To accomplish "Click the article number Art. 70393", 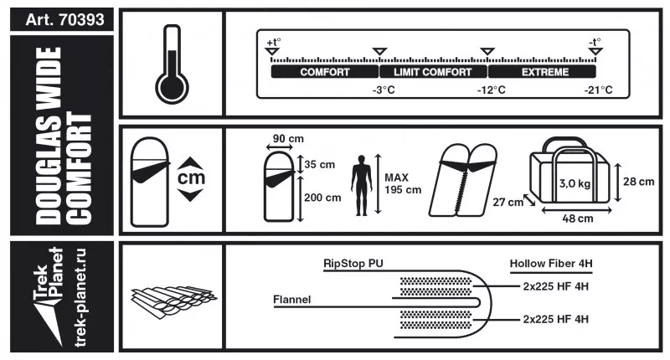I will click(58, 19).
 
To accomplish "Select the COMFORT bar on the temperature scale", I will click(324, 73).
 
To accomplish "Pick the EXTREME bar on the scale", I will click(545, 73).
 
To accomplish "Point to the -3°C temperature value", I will click(383, 90).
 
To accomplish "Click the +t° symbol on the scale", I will click(274, 42).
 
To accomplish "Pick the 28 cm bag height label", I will click(640, 181).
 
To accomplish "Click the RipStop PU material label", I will click(353, 262).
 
